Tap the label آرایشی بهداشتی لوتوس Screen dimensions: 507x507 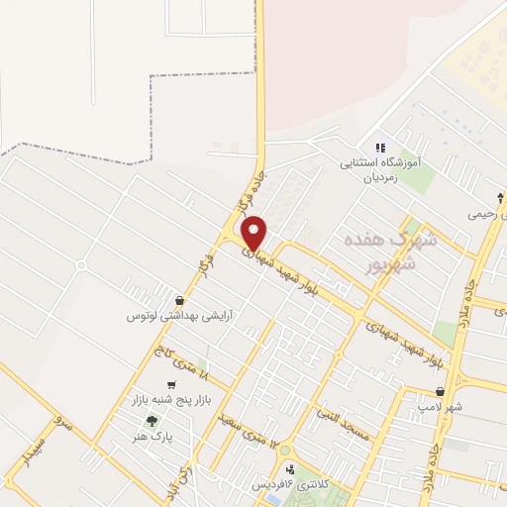click(178, 316)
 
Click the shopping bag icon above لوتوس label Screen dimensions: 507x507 click(178, 300)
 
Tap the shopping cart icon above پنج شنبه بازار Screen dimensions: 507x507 click(172, 384)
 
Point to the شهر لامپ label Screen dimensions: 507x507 click(468, 407)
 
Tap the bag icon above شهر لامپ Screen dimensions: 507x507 click(484, 391)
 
